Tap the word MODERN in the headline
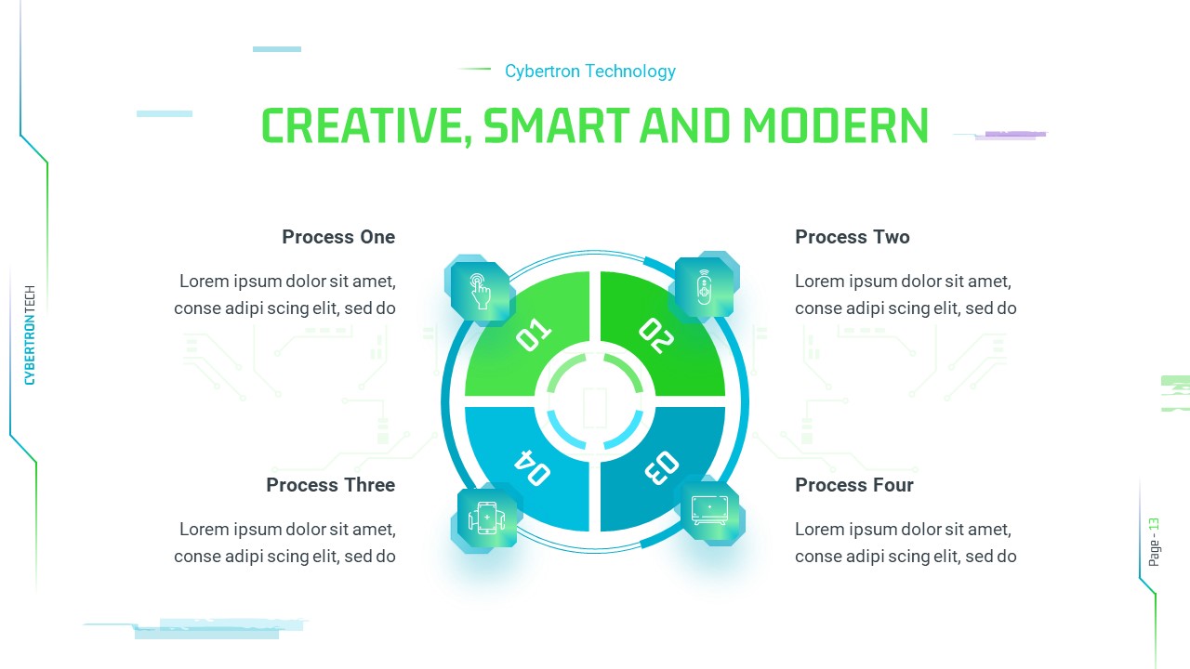pos(836,126)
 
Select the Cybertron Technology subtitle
pos(589,72)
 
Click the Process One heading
pos(338,237)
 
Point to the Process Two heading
pos(852,237)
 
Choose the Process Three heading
pos(330,485)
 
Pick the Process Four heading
pos(853,485)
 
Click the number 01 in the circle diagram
pos(533,335)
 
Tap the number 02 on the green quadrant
pos(655,335)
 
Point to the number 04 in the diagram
pos(532,466)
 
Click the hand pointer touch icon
pos(480,291)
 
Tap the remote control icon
pos(705,286)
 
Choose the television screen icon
pos(710,510)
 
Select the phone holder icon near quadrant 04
pos(486,518)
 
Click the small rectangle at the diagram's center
pos(595,407)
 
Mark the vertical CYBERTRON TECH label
pos(30,334)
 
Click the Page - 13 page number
pos(1154,542)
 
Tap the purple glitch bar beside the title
pos(1015,135)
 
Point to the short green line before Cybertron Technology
pos(474,69)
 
